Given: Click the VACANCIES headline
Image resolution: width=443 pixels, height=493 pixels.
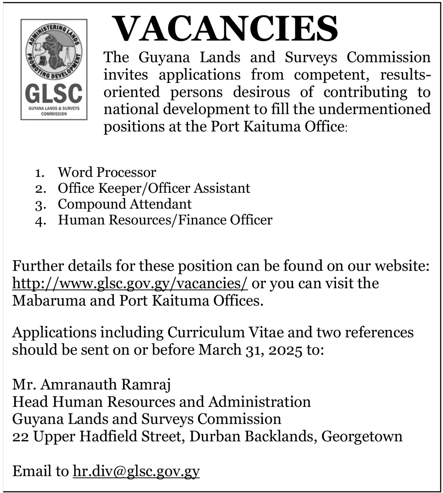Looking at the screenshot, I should tap(226, 29).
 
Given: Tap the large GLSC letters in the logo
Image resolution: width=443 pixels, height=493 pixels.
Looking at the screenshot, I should tap(54, 94).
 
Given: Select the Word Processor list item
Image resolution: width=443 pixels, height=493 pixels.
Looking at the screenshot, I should tap(106, 172).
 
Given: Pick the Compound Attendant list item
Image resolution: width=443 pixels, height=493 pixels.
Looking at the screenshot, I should tap(125, 204).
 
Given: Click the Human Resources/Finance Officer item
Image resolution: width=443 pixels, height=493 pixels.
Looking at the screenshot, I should tap(165, 220).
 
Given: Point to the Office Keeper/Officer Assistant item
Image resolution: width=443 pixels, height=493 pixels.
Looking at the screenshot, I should tap(154, 188).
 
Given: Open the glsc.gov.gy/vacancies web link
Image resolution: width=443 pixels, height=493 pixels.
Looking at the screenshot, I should tap(130, 284).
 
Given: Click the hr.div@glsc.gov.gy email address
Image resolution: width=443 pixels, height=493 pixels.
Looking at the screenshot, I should tap(136, 471).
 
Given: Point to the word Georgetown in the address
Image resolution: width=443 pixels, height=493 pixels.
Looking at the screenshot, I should tap(362, 436).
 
